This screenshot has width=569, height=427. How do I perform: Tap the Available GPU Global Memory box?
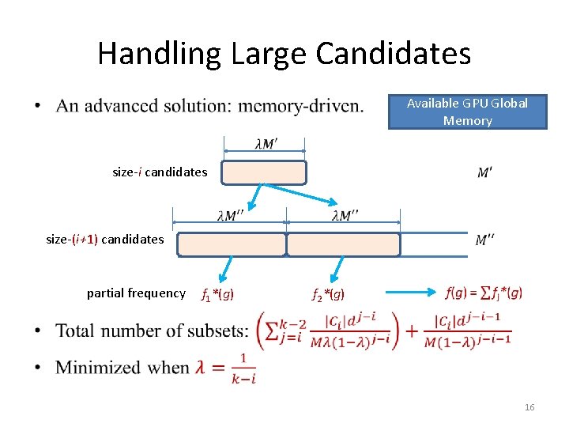click(467, 111)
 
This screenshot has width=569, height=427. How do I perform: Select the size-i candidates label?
click(160, 172)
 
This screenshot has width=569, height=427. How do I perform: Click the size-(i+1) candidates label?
click(105, 239)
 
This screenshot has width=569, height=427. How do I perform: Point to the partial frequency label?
click(136, 293)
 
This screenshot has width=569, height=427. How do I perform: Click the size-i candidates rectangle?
click(263, 173)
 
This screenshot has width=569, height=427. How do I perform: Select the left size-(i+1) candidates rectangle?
click(231, 244)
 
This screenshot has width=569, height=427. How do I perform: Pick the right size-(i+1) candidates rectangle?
click(343, 244)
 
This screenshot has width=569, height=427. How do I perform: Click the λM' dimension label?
click(266, 144)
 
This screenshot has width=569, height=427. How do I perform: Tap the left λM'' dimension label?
click(230, 216)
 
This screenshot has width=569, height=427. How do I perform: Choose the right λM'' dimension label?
click(345, 216)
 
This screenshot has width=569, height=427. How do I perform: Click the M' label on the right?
click(485, 172)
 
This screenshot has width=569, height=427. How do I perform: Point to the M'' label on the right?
click(485, 239)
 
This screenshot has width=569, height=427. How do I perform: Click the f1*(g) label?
click(217, 295)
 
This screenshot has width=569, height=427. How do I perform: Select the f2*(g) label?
click(328, 295)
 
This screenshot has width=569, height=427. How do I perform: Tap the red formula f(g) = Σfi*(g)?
click(484, 293)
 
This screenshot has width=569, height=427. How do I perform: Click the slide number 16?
click(529, 407)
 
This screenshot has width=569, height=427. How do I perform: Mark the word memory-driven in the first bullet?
click(311, 106)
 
